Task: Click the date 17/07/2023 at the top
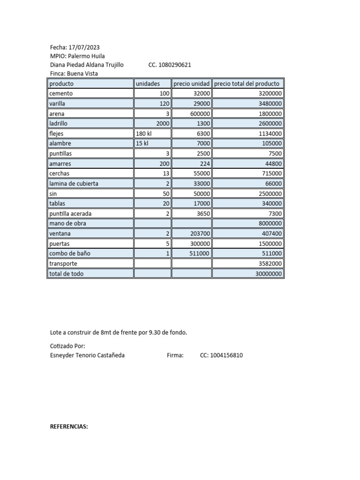coord(84,47)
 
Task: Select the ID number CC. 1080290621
coord(169,65)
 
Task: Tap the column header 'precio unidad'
coord(191,83)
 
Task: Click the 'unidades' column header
coord(148,83)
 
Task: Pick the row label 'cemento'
coord(61,93)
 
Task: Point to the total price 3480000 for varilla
coord(268,104)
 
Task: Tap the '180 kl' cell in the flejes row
coord(144,134)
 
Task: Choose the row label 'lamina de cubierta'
coord(74,184)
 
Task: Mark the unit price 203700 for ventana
coord(198,233)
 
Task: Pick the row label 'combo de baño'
coord(69,254)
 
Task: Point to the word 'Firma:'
coord(175,355)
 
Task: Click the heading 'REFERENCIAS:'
coord(69,427)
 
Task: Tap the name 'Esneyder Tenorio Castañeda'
coord(87,355)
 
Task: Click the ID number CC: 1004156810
coord(221,355)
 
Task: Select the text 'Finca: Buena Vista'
coord(74,74)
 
